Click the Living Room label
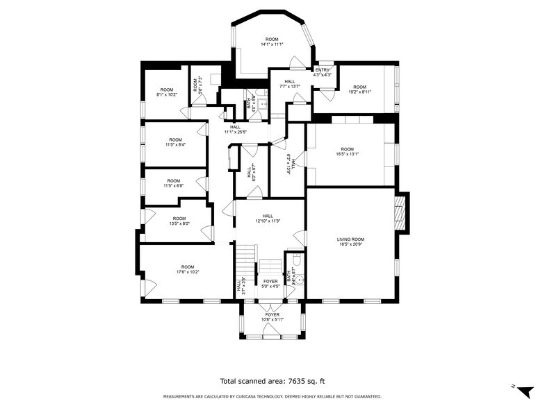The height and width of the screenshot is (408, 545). pos(351,241)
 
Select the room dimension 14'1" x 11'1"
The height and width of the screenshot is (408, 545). pos(272,42)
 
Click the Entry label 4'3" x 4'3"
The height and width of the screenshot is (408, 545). pos(323,72)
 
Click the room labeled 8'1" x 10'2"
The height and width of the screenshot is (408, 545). pos(166,92)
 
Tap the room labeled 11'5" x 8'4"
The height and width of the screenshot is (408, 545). pos(174,142)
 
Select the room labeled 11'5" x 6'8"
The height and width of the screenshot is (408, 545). pos(174,183)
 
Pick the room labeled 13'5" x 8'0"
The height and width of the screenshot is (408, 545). pos(179,221)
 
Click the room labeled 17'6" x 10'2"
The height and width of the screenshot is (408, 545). pos(188,270)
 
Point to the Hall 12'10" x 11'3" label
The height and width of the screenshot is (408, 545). pos(267,219)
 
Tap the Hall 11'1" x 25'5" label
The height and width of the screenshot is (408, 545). pos(236,129)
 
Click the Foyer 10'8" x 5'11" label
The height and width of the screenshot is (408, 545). pos(271,317)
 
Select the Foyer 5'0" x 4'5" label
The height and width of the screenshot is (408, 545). pos(270,284)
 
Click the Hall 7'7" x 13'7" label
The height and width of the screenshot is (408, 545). pos(289,84)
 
